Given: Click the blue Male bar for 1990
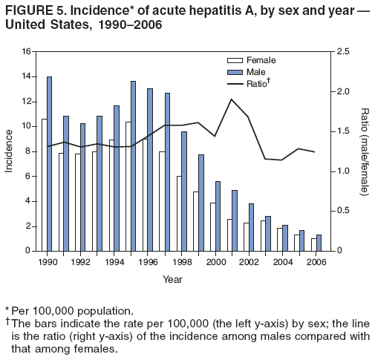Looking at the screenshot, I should click(x=49, y=164).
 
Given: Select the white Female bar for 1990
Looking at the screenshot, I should click(x=44, y=185).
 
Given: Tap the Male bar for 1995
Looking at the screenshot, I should click(x=133, y=166).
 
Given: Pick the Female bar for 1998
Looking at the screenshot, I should click(x=178, y=214).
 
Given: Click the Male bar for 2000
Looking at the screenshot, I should click(x=218, y=216).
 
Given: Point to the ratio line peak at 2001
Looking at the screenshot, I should click(x=232, y=99).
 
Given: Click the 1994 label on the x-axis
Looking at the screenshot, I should click(x=114, y=262).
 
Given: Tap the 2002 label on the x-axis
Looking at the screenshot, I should click(x=249, y=262).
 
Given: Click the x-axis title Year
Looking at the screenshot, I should click(x=172, y=279).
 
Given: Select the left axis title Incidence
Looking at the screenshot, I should click(x=9, y=151).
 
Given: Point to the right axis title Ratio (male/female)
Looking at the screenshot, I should click(x=365, y=151).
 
